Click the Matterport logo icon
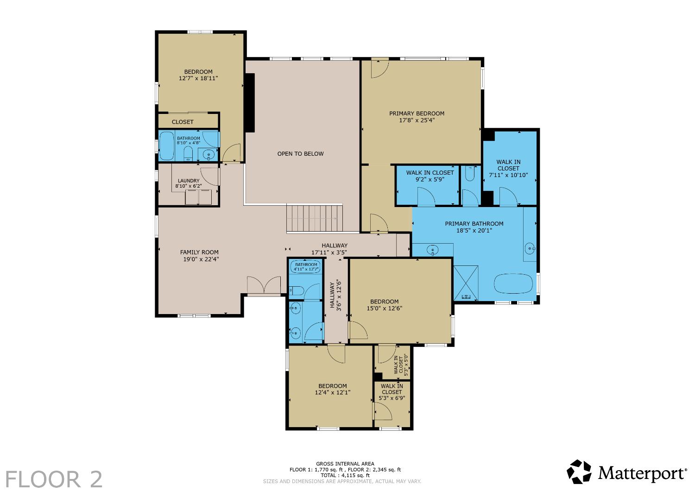pos(579,472)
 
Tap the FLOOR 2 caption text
pos(54,479)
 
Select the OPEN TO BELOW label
pos(300,153)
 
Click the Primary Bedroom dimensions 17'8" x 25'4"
pos(417,120)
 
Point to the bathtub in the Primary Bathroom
pos(513,283)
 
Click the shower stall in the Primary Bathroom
pos(466,283)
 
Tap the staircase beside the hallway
pos(314,218)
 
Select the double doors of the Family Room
pos(264,285)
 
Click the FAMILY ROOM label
pos(199,252)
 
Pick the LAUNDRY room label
pos(189,181)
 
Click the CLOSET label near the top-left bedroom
pos(183,122)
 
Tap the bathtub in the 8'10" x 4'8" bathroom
pos(167,146)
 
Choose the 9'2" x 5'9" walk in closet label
pos(430,176)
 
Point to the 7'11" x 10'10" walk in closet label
pos(508,169)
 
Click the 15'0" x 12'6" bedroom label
pos(385,305)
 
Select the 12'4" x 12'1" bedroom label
pos(333,389)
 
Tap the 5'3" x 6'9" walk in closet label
pos(392,392)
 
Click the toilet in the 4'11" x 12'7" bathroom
pos(297,290)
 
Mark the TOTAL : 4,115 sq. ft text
pos(345,475)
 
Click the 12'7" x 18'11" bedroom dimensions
pos(198,78)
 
